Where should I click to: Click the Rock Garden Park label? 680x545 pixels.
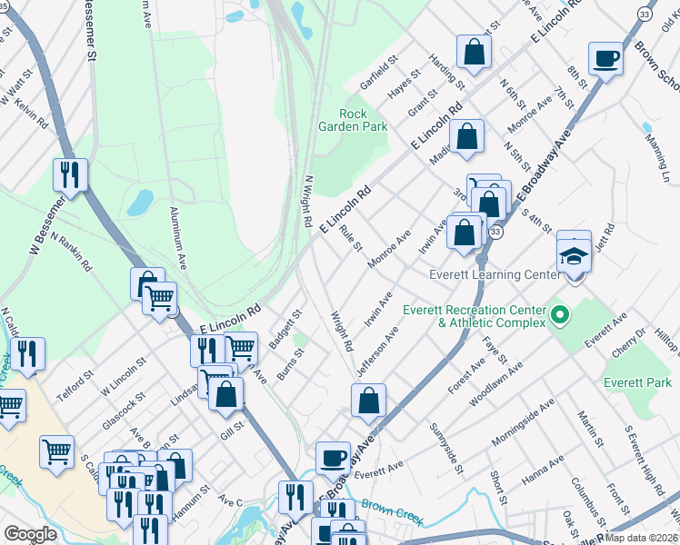click(363, 120)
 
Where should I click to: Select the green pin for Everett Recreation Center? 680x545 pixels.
click(560, 316)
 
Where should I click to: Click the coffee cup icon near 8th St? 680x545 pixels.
click(605, 60)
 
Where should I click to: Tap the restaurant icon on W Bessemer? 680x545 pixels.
click(70, 174)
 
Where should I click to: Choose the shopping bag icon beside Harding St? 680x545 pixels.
click(474, 53)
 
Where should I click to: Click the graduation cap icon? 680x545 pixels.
click(573, 255)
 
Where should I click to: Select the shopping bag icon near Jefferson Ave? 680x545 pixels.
click(368, 401)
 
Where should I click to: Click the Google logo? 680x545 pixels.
click(30, 534)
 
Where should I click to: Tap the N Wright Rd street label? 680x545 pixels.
click(307, 202)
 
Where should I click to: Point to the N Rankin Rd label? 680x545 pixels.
click(72, 252)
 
